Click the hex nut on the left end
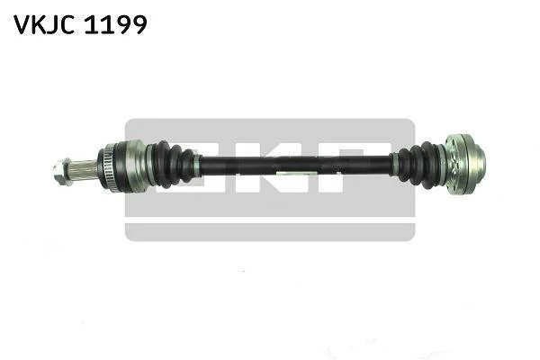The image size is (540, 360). (62, 171)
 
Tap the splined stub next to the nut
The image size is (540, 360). (84, 170)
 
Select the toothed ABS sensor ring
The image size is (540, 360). (106, 165)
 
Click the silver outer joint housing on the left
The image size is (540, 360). (132, 166)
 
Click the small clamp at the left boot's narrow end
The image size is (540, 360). (197, 165)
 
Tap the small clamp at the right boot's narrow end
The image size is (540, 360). (395, 165)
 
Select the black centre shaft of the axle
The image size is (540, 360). (296, 165)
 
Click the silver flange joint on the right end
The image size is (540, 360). (458, 165)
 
